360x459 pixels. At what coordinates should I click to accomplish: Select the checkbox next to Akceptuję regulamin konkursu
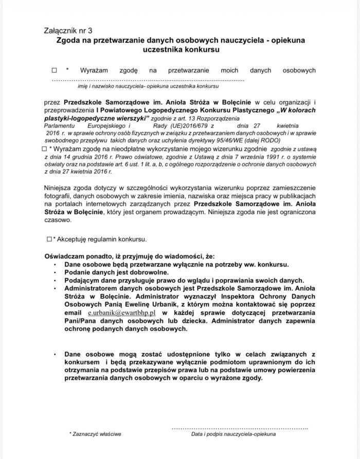click(49, 239)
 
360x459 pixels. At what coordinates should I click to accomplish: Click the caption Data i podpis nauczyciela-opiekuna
click(233, 434)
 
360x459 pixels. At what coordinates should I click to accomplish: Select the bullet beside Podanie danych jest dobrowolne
click(55, 273)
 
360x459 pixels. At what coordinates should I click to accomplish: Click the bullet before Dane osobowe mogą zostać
click(55, 355)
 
